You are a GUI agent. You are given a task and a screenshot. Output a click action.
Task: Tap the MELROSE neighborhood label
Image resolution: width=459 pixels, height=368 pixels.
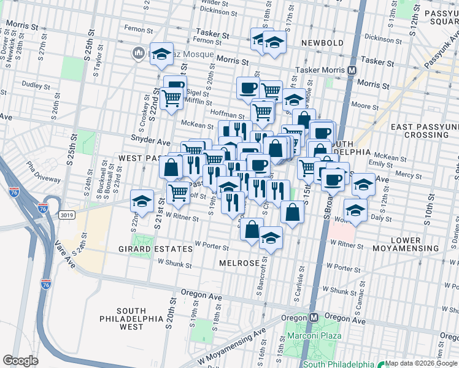[240, 263]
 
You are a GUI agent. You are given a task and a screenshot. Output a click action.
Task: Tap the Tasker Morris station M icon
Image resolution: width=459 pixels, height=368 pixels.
[352, 71]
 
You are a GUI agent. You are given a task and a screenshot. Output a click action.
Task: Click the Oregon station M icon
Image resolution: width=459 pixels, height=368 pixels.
[314, 318]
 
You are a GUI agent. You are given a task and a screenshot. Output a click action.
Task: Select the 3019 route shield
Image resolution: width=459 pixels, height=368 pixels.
[68, 215]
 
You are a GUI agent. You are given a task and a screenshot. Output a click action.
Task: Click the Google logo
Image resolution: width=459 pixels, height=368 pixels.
[21, 361]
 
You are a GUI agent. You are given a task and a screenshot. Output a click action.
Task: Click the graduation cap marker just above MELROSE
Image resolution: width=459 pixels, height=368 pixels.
[271, 236]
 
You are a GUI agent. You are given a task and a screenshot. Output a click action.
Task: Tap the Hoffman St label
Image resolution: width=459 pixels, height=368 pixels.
[228, 114]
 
